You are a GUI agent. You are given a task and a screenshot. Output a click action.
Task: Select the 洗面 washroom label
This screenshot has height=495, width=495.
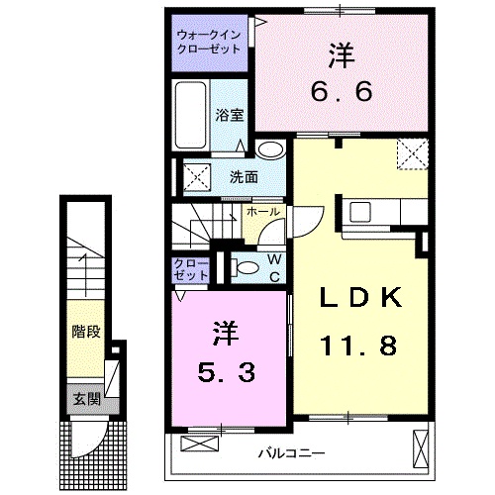244,178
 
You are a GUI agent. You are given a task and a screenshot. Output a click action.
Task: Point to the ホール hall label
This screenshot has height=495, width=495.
262,212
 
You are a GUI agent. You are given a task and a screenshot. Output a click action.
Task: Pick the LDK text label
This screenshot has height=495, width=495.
359,297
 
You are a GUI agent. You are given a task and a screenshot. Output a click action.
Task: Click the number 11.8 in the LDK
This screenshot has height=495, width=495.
359,346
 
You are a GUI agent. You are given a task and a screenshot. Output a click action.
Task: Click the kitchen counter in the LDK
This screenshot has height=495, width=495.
385,212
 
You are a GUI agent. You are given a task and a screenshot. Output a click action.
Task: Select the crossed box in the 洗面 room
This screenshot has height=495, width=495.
192,179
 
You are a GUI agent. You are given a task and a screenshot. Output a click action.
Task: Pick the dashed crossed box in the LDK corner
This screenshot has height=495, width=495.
410,154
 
